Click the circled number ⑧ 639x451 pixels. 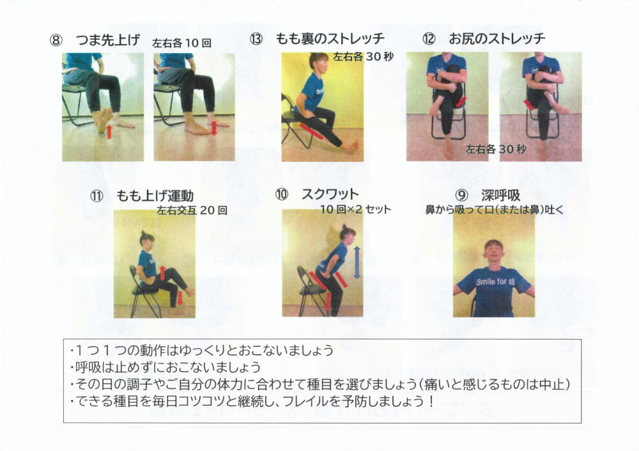(56, 41)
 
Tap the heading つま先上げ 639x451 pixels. (107, 40)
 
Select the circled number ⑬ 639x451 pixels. (256, 39)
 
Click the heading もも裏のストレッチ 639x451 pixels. (330, 38)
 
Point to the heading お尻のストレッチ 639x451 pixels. (497, 38)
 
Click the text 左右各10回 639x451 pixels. (181, 43)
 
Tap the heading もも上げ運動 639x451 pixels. (155, 196)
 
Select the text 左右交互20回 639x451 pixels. (192, 210)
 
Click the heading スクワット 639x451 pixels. (330, 194)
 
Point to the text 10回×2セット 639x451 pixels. (355, 209)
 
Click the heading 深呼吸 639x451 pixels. (501, 195)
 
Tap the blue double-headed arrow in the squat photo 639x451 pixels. (357, 262)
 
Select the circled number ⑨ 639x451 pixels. (461, 196)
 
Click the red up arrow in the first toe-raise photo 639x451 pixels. (109, 132)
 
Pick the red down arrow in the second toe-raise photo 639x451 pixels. (214, 128)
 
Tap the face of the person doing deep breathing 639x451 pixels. (493, 252)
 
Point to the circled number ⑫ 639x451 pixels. (429, 39)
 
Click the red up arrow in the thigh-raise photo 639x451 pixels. (162, 273)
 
